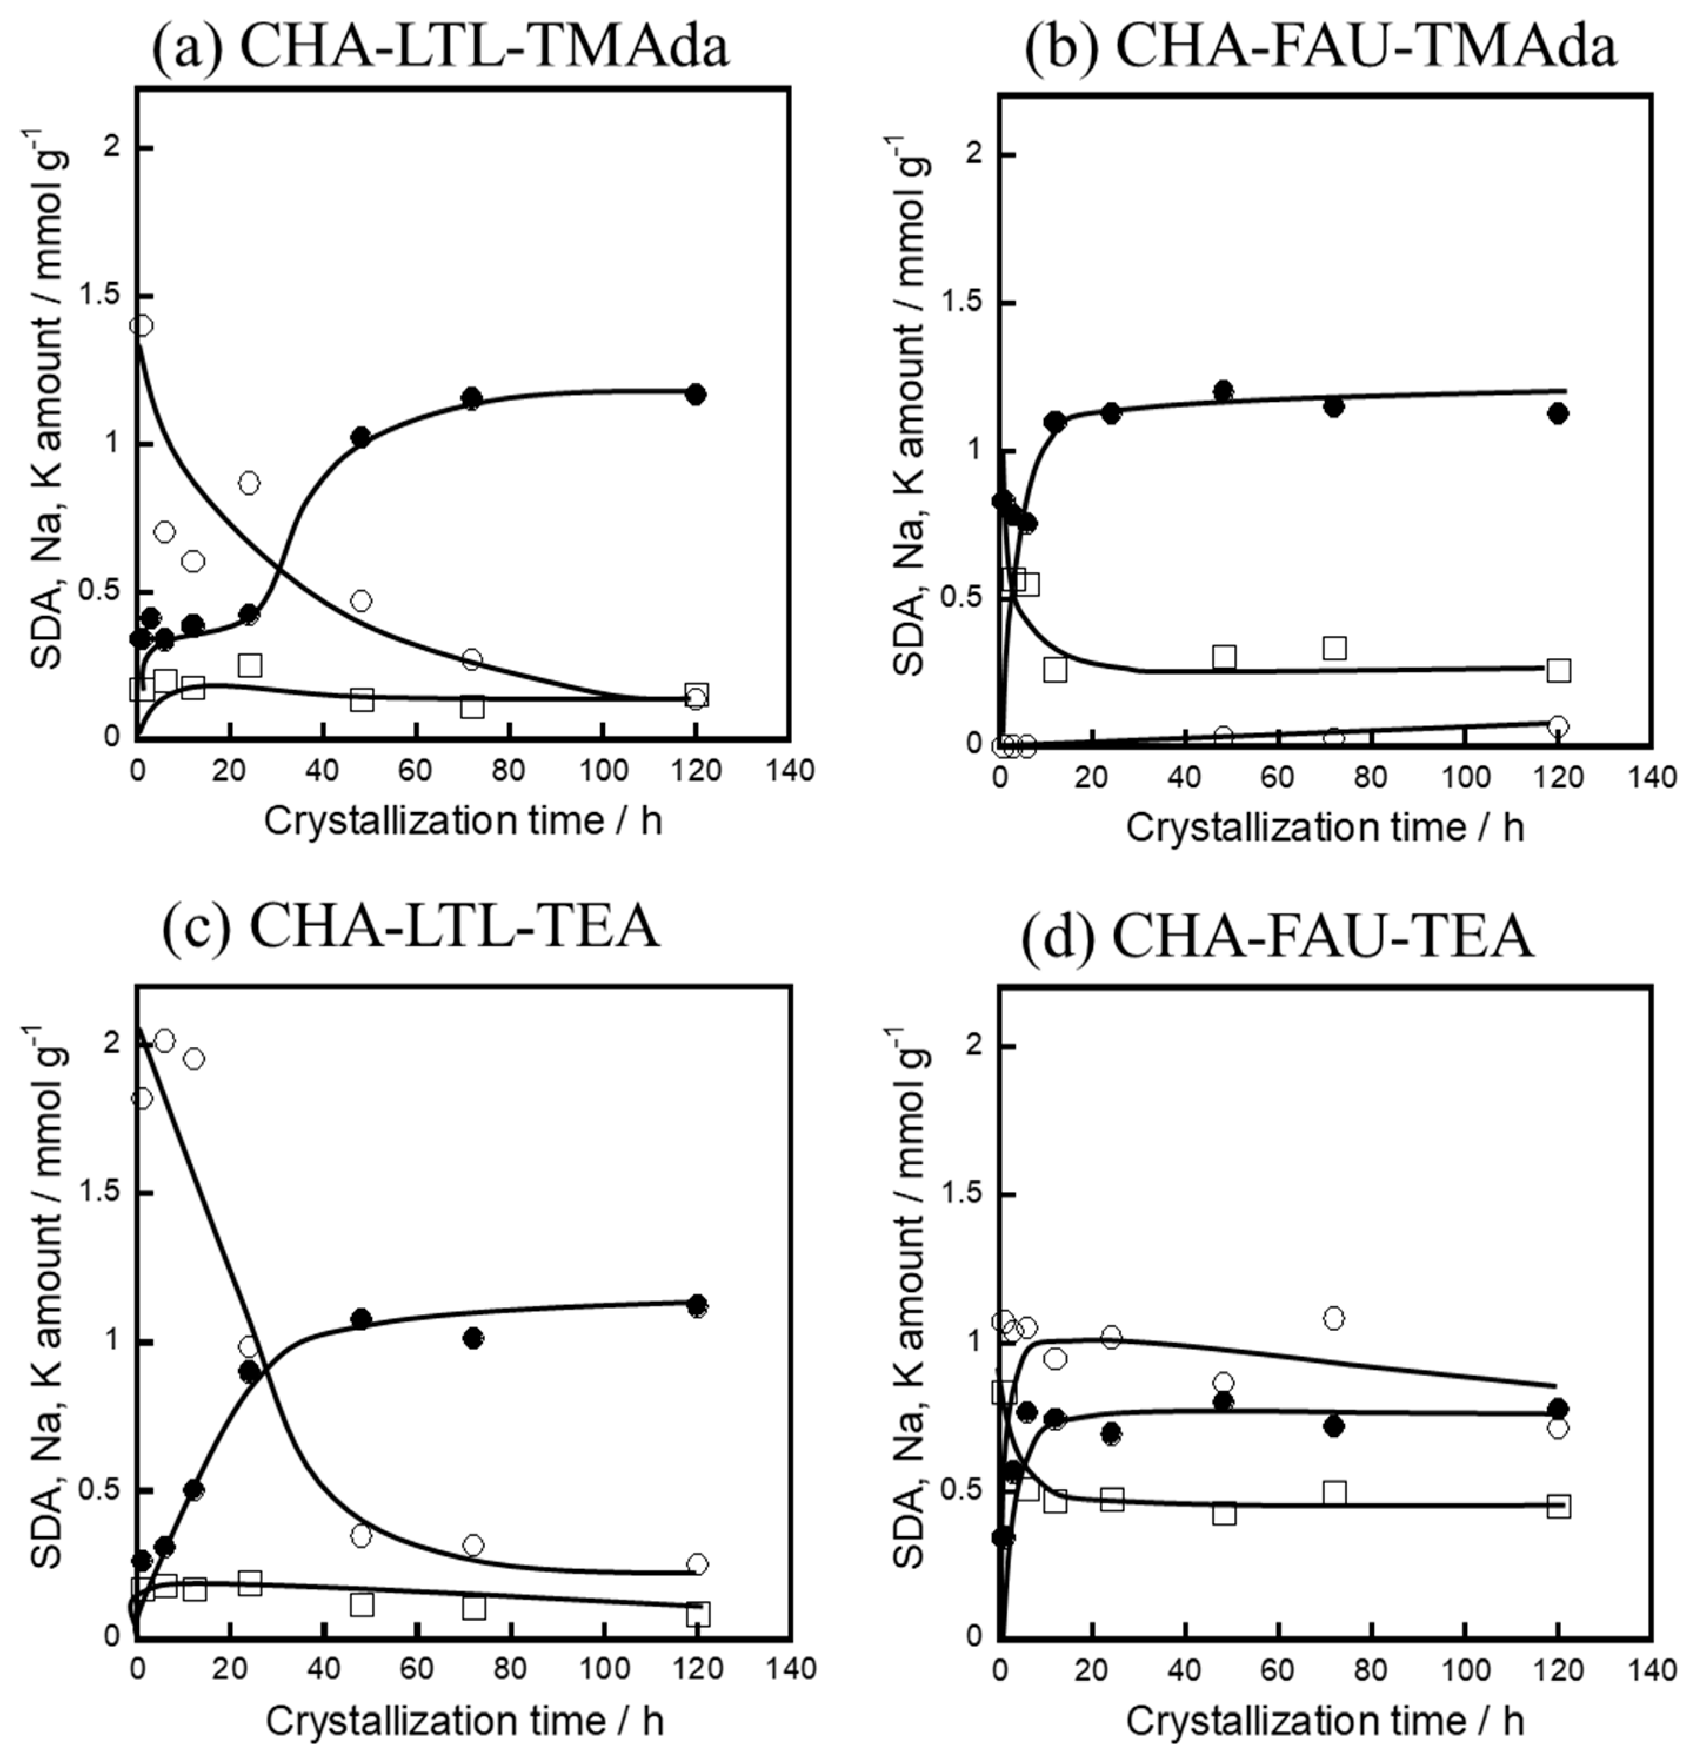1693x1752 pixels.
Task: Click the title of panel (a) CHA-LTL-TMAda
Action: click(440, 46)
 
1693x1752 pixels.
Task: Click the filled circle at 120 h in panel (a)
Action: click(696, 394)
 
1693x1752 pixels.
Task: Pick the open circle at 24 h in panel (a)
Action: click(249, 483)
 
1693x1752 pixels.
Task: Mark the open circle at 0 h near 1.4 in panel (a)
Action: click(141, 325)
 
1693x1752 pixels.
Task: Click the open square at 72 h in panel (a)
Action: click(473, 707)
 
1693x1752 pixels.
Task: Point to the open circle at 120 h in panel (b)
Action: click(1558, 726)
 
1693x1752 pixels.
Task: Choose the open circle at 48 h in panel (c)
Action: click(361, 1536)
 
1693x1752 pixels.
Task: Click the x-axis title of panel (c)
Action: click(464, 1721)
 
